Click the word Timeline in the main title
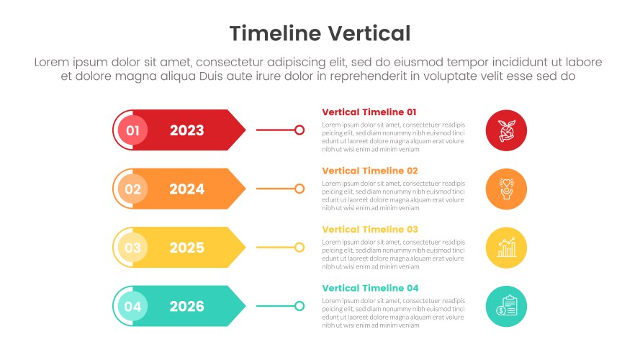tap(276, 33)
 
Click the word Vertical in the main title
tap(369, 33)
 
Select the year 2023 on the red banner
tap(187, 130)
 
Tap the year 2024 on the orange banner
tap(187, 189)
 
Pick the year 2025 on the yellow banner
tap(187, 248)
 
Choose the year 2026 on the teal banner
tap(187, 307)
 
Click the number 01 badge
tap(132, 130)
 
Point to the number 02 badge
tap(132, 189)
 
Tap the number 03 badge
tap(132, 248)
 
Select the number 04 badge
tap(132, 307)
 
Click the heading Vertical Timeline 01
tap(369, 112)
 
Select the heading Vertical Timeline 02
tap(370, 171)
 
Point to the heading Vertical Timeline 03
tap(370, 230)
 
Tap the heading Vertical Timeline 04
tap(370, 289)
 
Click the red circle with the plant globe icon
tap(506, 130)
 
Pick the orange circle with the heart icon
tap(506, 189)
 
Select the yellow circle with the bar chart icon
tap(506, 248)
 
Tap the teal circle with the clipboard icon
tap(506, 307)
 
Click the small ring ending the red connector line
tap(299, 125)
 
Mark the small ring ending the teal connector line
tap(299, 302)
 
